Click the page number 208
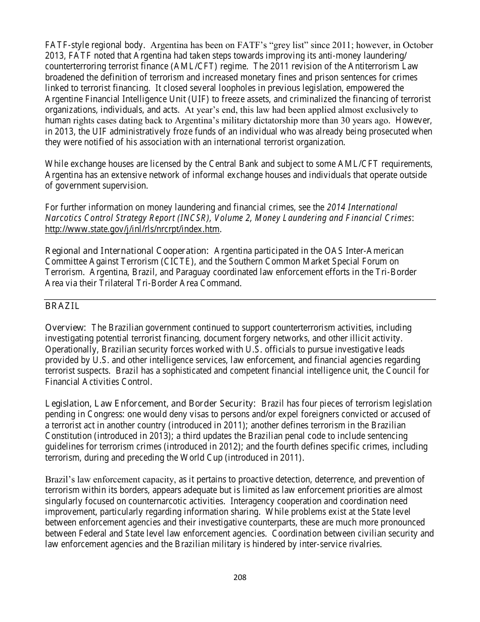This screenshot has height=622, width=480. [x=240, y=577]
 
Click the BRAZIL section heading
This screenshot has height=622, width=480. [x=62, y=306]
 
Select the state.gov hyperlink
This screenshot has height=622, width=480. [x=132, y=229]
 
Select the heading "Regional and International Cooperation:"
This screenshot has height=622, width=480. [x=127, y=251]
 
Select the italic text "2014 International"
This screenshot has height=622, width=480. [x=362, y=207]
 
